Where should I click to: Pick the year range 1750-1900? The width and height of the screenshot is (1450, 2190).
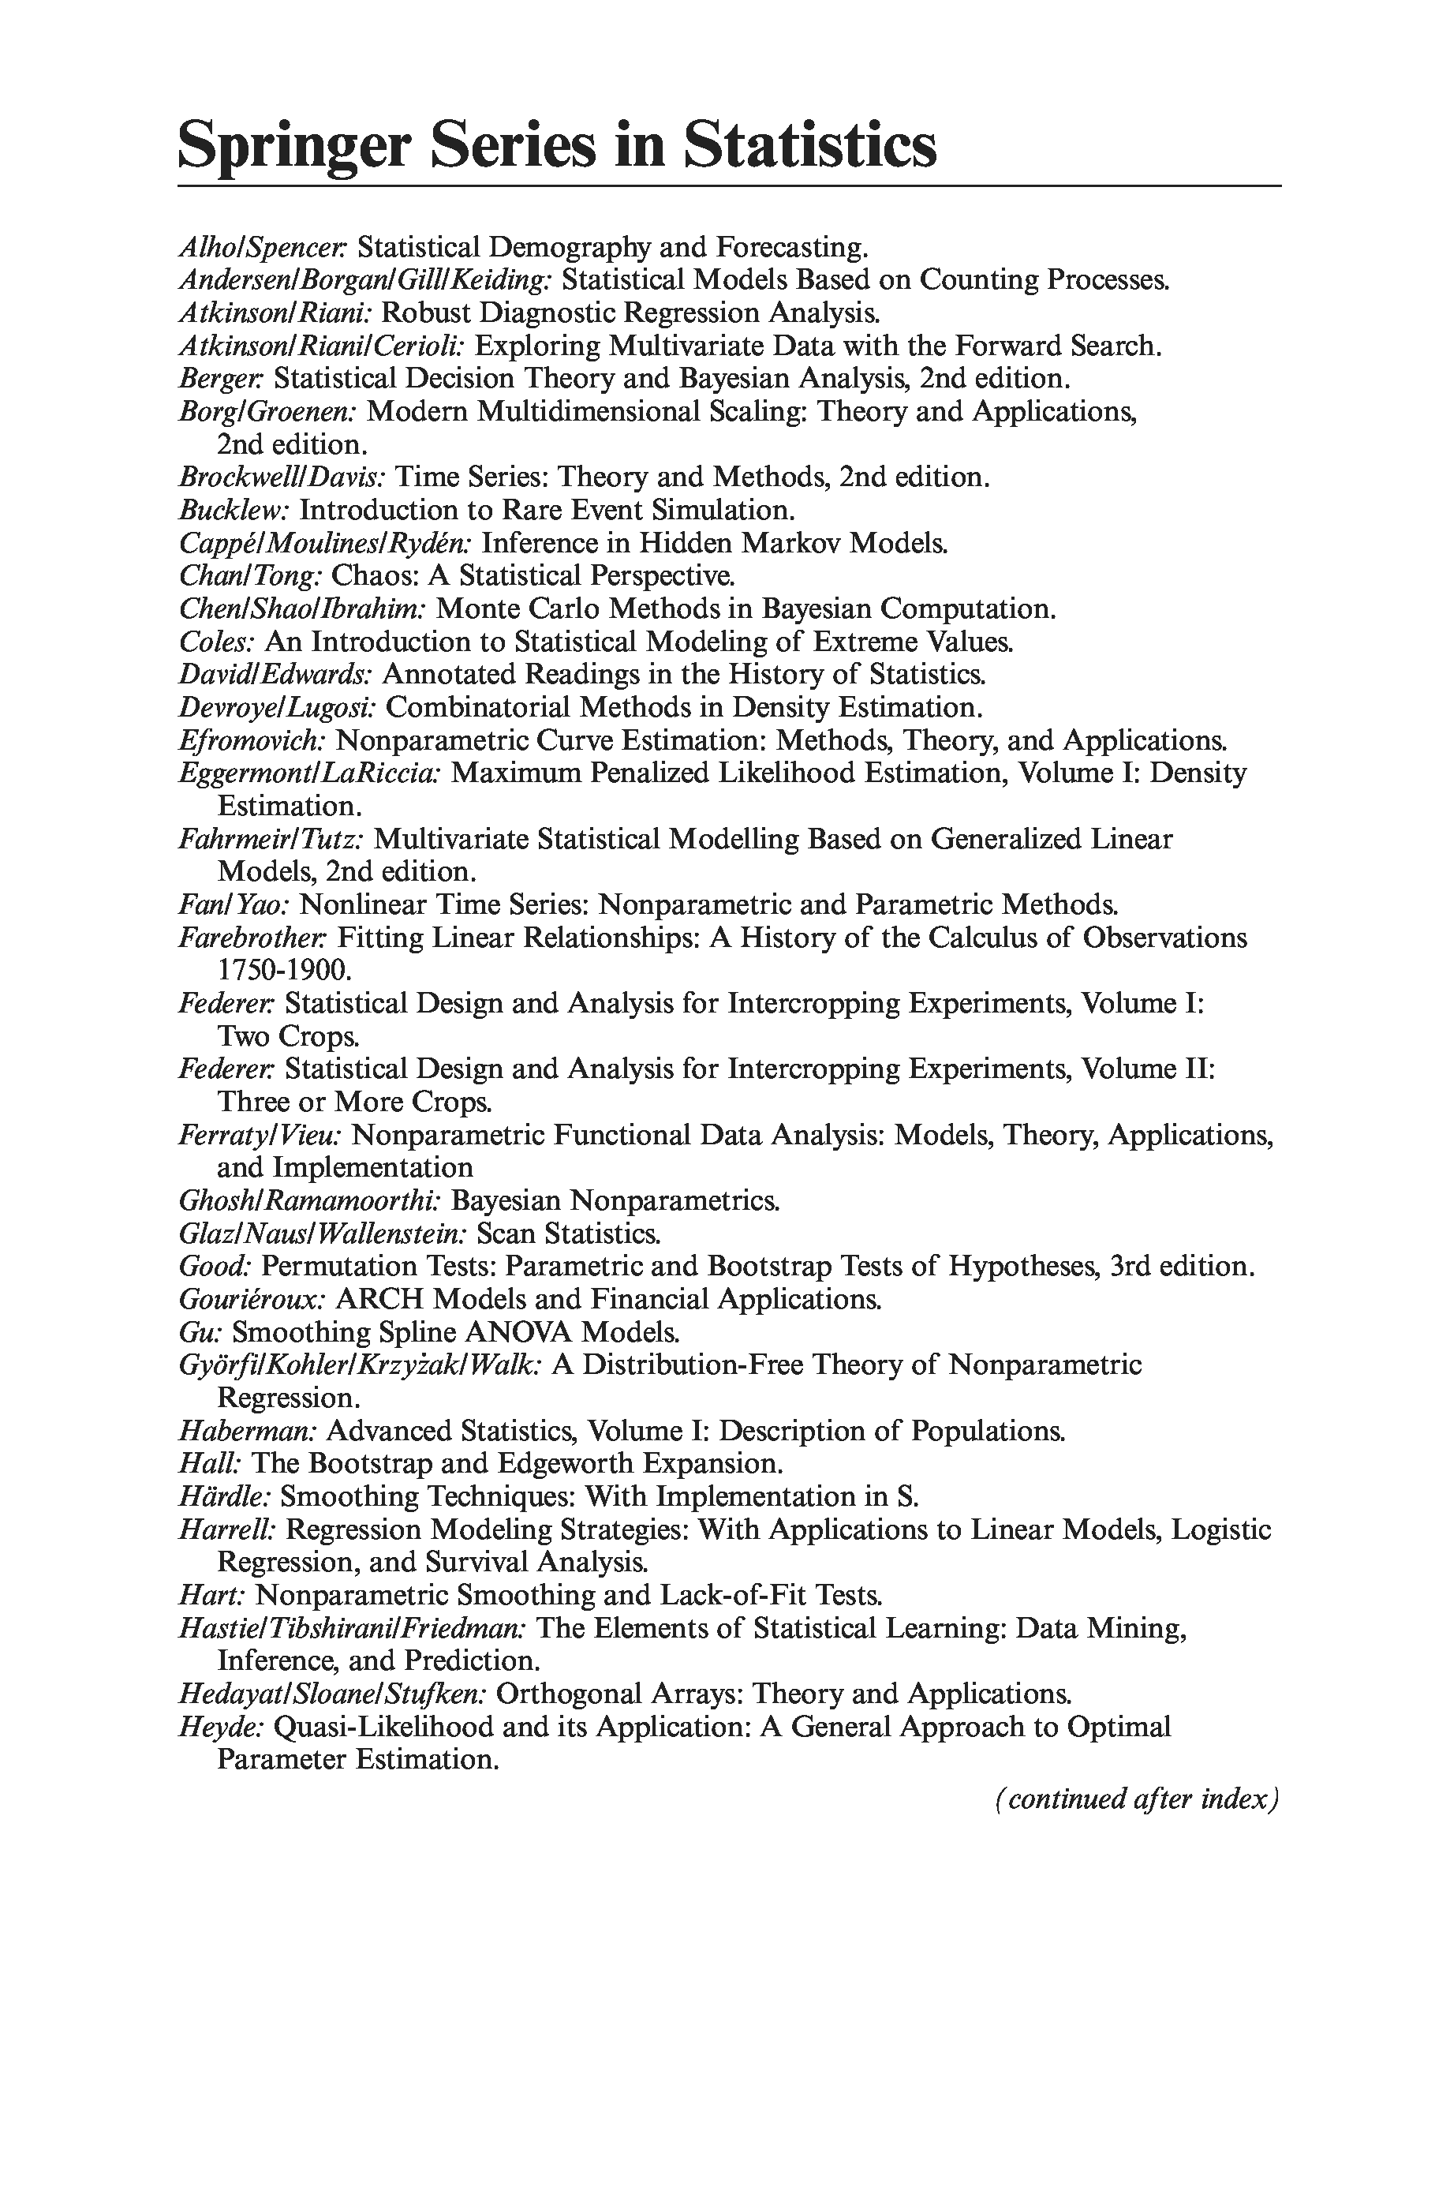pos(284,970)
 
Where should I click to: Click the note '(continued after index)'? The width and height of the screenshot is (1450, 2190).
pos(1137,1799)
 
